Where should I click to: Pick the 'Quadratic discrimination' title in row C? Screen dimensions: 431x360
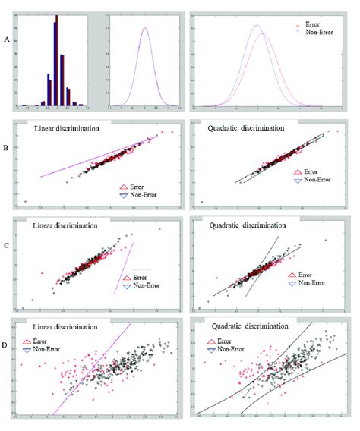(x=241, y=225)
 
